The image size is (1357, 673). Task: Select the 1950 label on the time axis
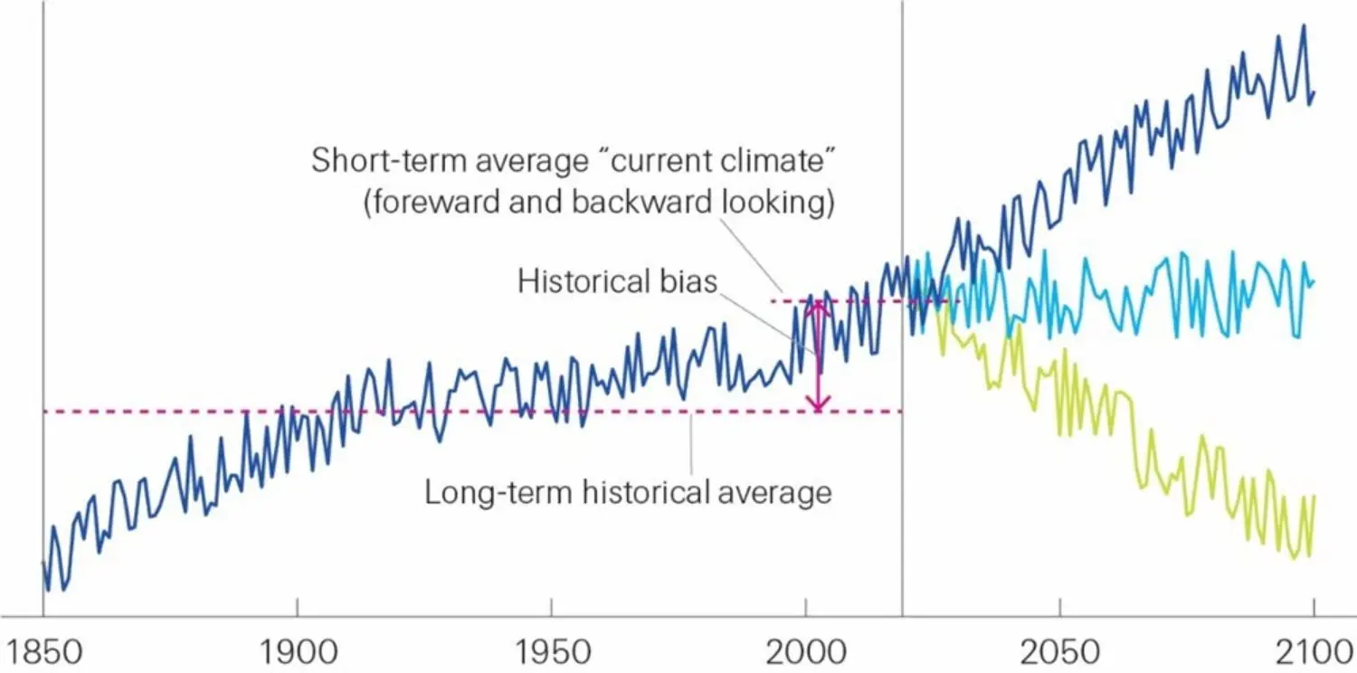[551, 651]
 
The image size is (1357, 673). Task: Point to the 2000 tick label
[805, 651]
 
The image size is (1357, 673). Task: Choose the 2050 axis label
[1059, 651]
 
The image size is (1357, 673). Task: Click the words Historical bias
[617, 280]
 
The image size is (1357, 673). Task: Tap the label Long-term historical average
[628, 493]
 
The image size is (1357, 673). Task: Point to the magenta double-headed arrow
[818, 355]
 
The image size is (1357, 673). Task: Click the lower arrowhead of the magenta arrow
[818, 405]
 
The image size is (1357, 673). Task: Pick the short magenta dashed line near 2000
[859, 300]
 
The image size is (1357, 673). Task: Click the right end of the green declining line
[1314, 497]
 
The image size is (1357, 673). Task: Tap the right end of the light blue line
[1314, 281]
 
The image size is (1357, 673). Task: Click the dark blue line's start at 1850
[43, 563]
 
